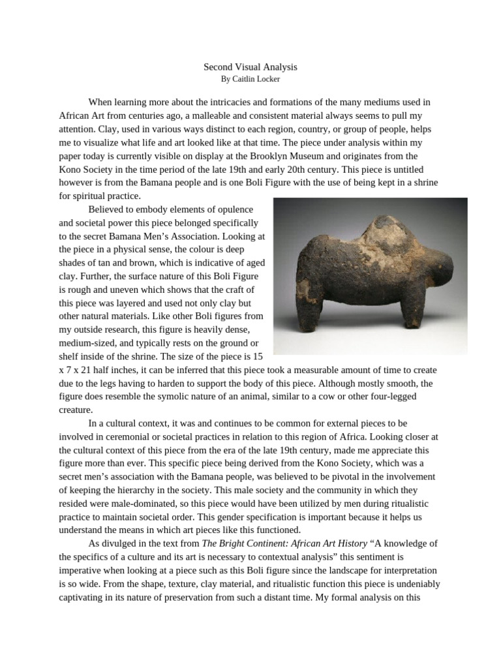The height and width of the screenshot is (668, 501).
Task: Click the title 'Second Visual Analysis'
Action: [x=250, y=67]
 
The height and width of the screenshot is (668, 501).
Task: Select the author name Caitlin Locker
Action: [x=250, y=79]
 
